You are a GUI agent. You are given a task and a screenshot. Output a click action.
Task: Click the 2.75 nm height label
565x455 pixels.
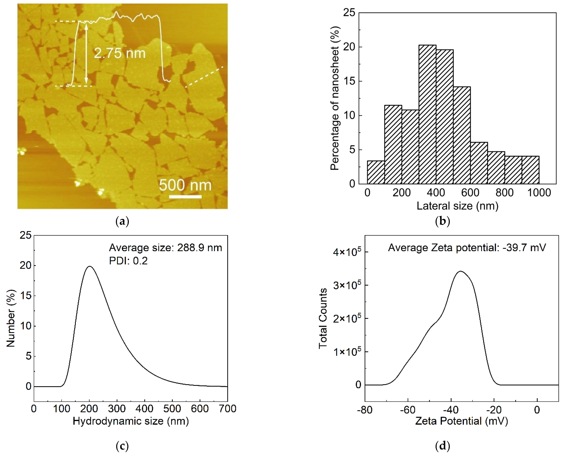119,53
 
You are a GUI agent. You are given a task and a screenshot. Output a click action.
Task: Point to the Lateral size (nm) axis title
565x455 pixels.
457,206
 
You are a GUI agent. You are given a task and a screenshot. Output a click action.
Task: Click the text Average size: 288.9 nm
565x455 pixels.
165,248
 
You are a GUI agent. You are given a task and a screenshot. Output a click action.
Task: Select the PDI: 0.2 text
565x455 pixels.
128,261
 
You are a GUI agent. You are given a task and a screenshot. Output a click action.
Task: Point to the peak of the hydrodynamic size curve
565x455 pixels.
90,266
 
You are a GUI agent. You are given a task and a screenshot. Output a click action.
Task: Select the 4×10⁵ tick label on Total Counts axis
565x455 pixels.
347,252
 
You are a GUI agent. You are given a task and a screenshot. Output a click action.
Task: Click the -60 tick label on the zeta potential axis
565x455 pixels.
408,410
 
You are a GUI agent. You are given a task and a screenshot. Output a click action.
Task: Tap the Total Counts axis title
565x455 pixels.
323,319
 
